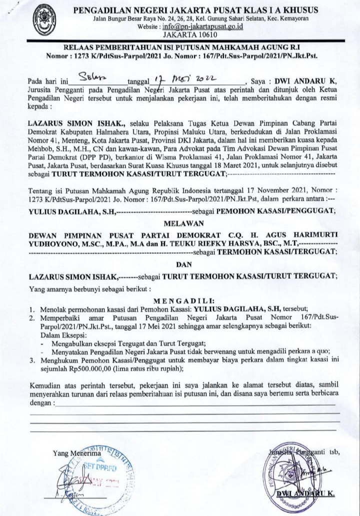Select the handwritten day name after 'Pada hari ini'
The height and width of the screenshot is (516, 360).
93,80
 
